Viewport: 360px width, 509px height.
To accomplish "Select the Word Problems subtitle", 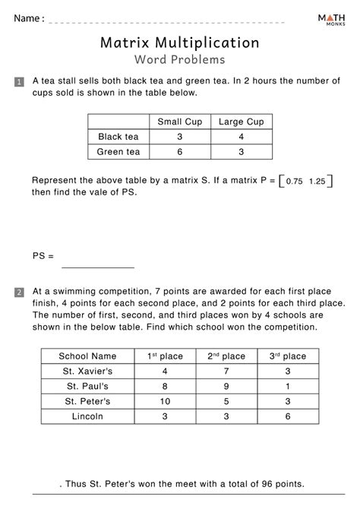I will click(180, 59).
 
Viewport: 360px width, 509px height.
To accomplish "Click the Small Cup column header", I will click(178, 122).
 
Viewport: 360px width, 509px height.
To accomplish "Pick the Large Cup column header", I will click(240, 122).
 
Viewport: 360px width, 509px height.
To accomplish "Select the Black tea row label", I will click(119, 137).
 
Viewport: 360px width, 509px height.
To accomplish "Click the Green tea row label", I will click(119, 152).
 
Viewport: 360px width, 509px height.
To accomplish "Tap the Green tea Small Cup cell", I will click(178, 152).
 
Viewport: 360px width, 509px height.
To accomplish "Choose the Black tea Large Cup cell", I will click(240, 137).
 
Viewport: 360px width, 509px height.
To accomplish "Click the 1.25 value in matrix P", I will click(319, 182).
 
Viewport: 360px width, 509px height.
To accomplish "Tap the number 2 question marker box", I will click(19, 292).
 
